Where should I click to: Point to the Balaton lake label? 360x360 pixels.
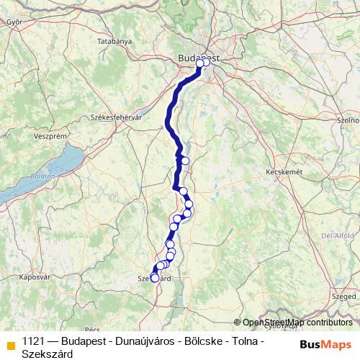click(42, 176)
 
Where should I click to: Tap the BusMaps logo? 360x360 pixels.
click(326, 344)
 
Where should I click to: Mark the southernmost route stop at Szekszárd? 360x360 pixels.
click(155, 278)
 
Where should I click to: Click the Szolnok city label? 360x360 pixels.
click(349, 120)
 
